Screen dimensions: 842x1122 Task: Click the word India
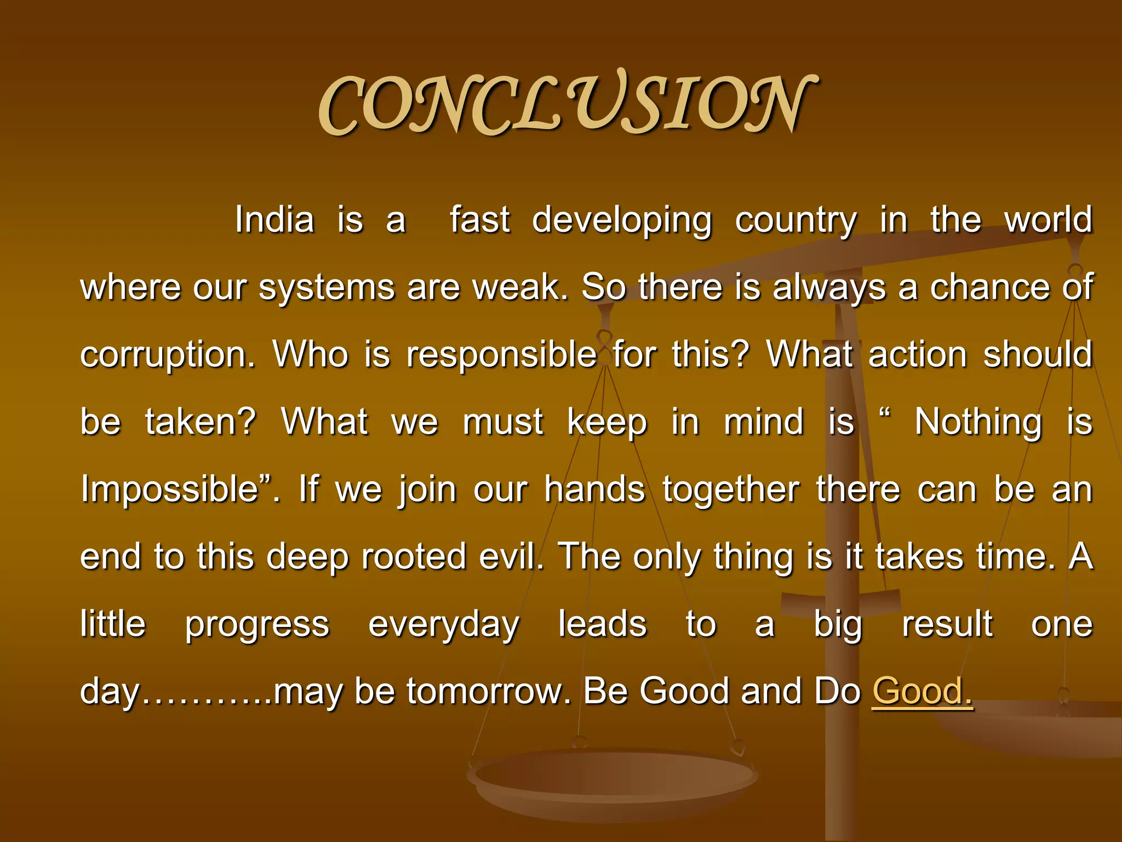[x=274, y=220]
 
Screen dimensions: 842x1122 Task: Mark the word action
[x=918, y=355]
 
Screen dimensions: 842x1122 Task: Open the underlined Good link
[x=921, y=691]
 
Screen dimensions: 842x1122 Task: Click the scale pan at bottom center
[x=614, y=778]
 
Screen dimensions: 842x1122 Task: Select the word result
[x=947, y=624]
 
